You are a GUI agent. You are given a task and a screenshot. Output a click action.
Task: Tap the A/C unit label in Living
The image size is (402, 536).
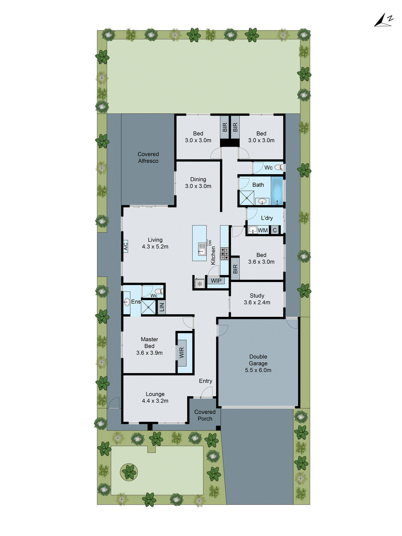(126, 246)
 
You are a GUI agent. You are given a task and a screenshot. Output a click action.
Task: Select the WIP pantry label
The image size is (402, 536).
(216, 281)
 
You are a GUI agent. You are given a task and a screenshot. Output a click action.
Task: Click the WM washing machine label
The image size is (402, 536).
(263, 230)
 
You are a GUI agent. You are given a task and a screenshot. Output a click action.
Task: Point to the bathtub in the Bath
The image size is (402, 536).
(277, 191)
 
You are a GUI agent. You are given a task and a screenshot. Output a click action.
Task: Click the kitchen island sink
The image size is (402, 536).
(202, 248)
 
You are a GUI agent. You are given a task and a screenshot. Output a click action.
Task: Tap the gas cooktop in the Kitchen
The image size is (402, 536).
(224, 254)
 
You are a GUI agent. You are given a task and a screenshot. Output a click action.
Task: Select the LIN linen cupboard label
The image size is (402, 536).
(162, 307)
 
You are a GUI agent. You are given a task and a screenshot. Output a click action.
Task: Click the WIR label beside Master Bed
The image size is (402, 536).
(182, 353)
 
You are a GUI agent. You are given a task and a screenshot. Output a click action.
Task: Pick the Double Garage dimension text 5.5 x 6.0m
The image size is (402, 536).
(258, 370)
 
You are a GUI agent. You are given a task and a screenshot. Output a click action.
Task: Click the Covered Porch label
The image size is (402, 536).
(205, 415)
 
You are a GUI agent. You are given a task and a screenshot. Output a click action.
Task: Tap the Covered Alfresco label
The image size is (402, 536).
(148, 157)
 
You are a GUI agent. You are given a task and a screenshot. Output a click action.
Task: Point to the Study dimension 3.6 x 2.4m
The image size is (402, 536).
(257, 303)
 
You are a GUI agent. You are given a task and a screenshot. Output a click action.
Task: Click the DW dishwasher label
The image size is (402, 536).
(210, 243)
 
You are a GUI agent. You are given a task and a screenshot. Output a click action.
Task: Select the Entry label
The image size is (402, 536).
(205, 381)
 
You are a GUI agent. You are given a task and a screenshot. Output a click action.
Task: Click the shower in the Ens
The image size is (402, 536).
(148, 307)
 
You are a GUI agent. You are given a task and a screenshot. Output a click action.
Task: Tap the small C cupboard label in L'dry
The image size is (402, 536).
(275, 230)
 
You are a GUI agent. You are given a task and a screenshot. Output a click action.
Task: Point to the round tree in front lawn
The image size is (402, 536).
(129, 472)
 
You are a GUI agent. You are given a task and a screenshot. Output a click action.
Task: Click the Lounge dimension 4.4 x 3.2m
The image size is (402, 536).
(155, 401)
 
